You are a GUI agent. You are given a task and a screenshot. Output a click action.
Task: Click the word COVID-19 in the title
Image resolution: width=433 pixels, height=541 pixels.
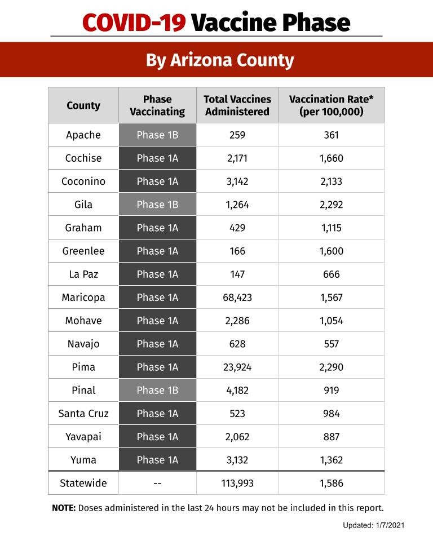click(134, 23)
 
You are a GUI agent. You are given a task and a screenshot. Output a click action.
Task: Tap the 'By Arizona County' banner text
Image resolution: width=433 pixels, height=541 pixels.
click(220, 60)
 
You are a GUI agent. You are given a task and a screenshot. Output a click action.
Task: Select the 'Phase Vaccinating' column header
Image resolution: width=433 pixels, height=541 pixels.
click(157, 105)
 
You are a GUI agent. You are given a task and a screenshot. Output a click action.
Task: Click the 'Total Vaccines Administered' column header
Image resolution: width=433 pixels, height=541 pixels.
click(237, 105)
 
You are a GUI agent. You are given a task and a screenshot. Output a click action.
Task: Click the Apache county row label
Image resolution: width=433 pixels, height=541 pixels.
click(83, 135)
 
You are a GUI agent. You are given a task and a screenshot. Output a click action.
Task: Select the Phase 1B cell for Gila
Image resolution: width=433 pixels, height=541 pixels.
click(157, 205)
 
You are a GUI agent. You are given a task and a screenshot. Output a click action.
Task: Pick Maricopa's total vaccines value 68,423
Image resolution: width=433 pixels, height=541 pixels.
click(237, 298)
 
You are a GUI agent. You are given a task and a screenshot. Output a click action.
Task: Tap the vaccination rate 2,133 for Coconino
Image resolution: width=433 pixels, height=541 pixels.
click(332, 181)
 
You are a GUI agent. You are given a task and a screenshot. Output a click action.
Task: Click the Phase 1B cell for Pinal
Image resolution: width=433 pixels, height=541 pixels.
click(157, 390)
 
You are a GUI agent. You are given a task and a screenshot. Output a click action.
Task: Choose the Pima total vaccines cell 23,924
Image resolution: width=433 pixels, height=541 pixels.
click(237, 367)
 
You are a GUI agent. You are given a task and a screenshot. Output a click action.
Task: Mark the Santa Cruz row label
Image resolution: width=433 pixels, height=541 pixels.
click(83, 414)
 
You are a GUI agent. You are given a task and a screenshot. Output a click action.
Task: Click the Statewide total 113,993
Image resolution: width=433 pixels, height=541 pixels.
click(237, 483)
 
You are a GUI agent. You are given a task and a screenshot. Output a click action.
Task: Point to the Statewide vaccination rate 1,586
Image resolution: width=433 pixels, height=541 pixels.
click(332, 483)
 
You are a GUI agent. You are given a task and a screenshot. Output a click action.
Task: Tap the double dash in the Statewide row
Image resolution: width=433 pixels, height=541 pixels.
click(157, 483)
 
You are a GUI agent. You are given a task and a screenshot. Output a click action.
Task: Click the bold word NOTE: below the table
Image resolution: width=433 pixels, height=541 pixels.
click(64, 508)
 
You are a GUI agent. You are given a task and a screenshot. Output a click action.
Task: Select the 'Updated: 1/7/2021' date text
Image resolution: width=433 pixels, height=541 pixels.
click(374, 525)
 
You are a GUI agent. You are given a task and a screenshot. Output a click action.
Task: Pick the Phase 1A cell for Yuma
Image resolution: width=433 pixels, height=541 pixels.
click(157, 460)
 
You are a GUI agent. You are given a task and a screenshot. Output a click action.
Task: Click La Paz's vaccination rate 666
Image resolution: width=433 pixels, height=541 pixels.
click(332, 274)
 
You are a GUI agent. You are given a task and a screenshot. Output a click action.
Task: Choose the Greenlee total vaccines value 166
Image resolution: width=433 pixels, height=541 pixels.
click(237, 251)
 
